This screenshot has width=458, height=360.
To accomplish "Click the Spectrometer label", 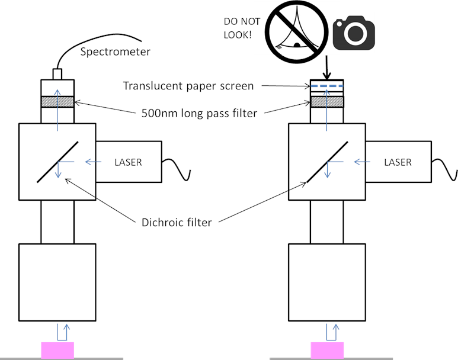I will (x=115, y=52).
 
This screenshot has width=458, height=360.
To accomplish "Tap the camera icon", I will (x=354, y=34).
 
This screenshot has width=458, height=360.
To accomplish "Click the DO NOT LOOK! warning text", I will (x=241, y=28).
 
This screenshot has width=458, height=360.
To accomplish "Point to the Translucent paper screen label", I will (x=188, y=86).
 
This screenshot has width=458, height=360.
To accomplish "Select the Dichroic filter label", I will (x=177, y=223).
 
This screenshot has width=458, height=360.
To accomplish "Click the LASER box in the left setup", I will (x=128, y=162).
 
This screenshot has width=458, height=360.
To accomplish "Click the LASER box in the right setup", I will (x=397, y=162).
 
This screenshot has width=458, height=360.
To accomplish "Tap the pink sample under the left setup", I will (x=57, y=350).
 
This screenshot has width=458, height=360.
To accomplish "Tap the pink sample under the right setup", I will (x=326, y=350).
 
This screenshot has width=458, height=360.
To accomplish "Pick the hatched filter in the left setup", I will (x=57, y=102).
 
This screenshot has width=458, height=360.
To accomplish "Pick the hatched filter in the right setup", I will (x=326, y=102).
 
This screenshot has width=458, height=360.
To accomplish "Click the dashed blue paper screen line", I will (x=326, y=87).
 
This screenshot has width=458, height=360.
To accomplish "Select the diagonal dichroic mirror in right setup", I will (x=327, y=161).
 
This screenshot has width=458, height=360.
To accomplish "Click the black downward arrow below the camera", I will (x=326, y=68).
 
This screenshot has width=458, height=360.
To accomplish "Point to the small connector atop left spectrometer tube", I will (x=57, y=74).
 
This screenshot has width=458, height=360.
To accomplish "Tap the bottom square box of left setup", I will (x=57, y=281).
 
